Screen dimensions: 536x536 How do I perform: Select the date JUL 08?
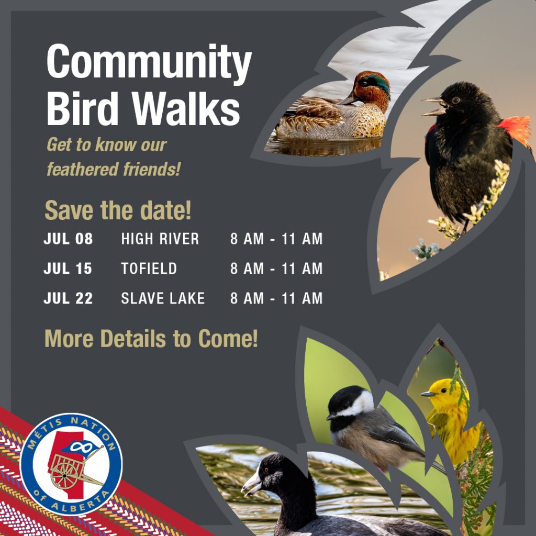point(68,239)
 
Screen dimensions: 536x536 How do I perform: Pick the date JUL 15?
point(68,269)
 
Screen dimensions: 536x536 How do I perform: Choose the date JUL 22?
point(68,298)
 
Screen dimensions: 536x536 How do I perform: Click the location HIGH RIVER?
point(160,239)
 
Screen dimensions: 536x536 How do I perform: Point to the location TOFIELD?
point(149,269)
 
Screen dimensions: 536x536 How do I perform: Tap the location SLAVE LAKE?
point(163,298)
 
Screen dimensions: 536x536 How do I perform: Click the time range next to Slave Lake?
point(276,298)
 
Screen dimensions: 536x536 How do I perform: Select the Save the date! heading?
point(118,210)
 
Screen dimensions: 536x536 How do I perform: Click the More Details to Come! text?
point(151,339)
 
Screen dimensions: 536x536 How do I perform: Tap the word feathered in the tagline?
point(83,169)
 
